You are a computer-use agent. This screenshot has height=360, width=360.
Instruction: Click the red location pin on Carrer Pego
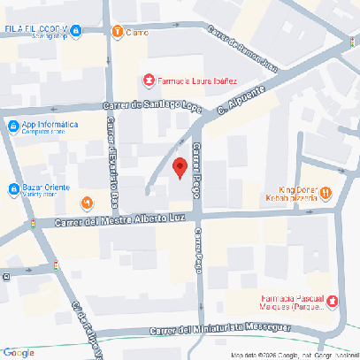[180, 167]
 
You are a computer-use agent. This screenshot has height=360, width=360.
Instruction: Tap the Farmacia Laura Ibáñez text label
[195, 80]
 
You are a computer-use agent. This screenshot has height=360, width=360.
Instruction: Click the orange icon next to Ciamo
[117, 31]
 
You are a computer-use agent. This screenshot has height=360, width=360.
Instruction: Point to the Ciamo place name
[137, 32]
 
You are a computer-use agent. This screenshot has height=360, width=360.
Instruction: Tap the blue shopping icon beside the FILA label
[77, 31]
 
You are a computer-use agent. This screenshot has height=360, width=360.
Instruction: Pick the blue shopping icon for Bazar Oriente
[13, 188]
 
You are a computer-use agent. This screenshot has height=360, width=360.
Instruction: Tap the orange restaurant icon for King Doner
[326, 191]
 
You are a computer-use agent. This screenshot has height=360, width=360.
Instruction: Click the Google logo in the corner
[19, 352]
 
